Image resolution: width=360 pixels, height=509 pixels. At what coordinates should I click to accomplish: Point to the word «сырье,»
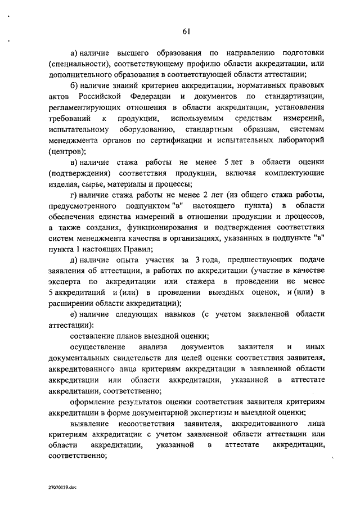[94, 183]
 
